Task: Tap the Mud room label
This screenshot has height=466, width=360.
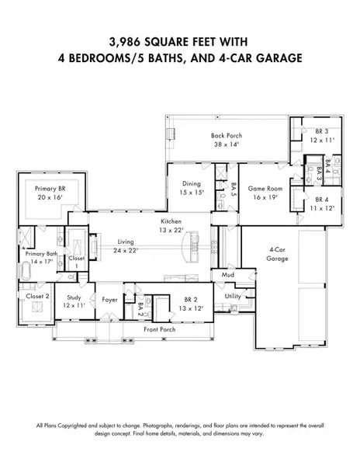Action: [x=227, y=275]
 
